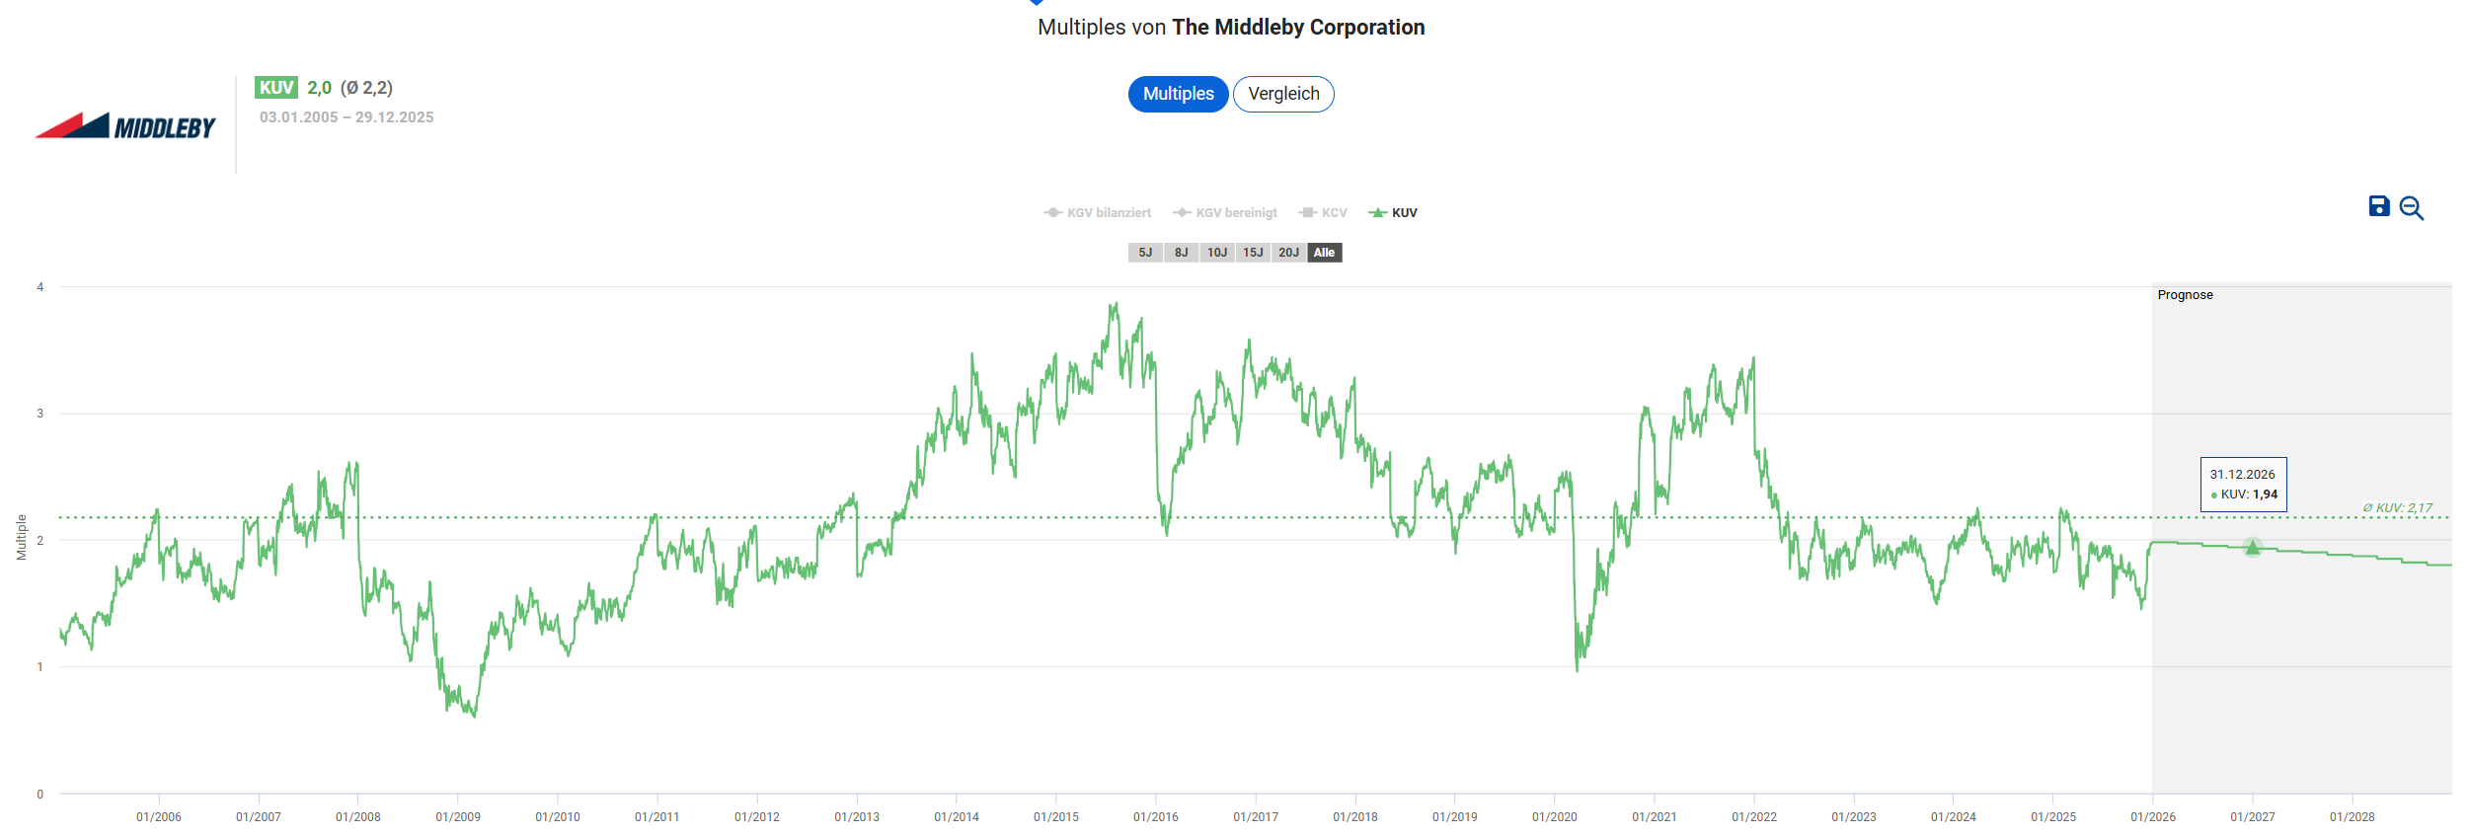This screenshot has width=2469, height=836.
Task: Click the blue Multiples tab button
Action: [1178, 94]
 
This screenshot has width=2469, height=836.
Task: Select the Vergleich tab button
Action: [1283, 94]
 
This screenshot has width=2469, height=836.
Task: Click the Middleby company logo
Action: [125, 126]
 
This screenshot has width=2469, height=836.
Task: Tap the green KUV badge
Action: [275, 88]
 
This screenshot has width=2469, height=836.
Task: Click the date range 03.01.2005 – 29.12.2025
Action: [347, 116]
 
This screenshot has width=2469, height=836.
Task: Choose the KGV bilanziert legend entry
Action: [1098, 213]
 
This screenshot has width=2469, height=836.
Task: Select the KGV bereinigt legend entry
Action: [1225, 213]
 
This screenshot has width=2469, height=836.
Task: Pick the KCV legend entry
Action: [1323, 213]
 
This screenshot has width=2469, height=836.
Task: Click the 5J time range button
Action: [1145, 253]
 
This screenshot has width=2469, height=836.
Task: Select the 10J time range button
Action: [1217, 253]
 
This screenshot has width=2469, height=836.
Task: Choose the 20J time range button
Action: [1288, 253]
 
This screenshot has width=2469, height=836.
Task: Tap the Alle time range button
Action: [1324, 253]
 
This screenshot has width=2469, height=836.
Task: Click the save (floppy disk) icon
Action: [2379, 206]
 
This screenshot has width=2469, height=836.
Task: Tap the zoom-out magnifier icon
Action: [2411, 207]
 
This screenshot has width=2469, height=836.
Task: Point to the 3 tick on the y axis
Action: [40, 414]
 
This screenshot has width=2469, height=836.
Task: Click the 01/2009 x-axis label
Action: [458, 817]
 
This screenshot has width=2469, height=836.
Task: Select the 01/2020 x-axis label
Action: [1555, 817]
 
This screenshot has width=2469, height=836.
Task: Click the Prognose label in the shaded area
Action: [2185, 295]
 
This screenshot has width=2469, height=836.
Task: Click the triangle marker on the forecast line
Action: [2252, 547]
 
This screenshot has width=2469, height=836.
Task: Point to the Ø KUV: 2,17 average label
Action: [2397, 507]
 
